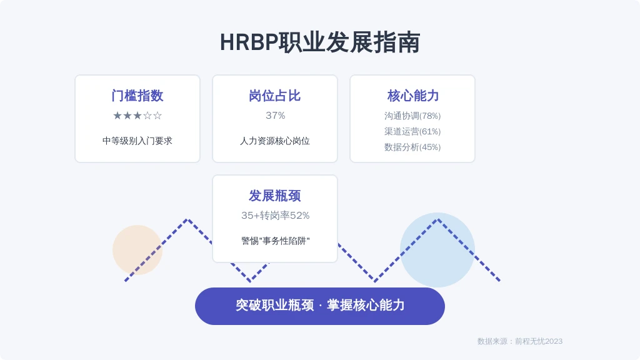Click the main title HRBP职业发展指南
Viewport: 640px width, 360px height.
(320, 42)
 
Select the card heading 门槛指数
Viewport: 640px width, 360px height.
(137, 96)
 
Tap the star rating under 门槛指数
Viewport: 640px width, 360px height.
(137, 116)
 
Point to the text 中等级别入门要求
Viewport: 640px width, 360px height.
(137, 141)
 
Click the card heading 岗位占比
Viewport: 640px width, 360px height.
(275, 96)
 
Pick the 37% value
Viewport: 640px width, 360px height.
(275, 116)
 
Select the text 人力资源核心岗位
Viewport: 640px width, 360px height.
(275, 141)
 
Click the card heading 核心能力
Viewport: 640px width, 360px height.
(412, 96)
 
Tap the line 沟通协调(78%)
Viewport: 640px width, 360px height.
(412, 116)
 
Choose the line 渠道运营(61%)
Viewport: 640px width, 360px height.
(412, 131)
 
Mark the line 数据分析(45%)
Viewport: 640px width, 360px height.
(412, 147)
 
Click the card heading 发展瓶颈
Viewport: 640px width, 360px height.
(275, 196)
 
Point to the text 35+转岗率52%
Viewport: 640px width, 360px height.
(275, 216)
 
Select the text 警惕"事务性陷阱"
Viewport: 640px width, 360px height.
(275, 241)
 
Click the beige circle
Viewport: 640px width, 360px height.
(137, 250)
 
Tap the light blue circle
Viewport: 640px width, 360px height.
(437, 250)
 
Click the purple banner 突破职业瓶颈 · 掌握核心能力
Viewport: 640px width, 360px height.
(320, 306)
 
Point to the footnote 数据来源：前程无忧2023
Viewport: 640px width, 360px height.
(520, 341)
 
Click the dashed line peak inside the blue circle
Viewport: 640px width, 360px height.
(437, 220)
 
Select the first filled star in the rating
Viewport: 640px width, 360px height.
(117, 116)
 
